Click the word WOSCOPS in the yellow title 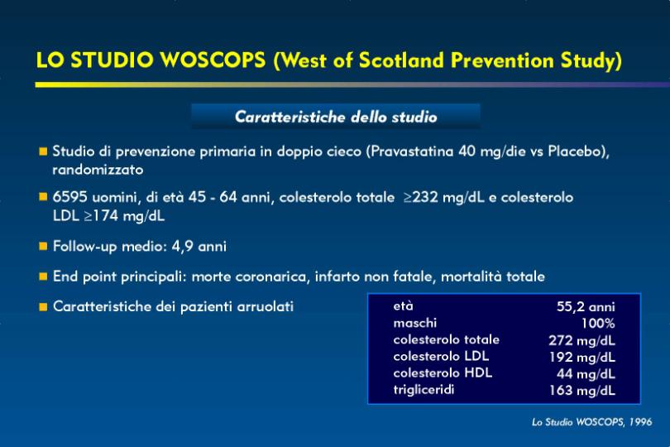tap(213, 60)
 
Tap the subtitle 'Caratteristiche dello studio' tap(336, 117)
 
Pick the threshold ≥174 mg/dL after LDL tap(124, 215)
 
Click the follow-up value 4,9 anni tap(199, 247)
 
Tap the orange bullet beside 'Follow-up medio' tap(43, 247)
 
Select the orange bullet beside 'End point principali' tap(43, 276)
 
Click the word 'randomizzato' tap(98, 170)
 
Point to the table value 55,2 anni tap(586, 307)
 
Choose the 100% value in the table tap(598, 324)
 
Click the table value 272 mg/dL tap(582, 340)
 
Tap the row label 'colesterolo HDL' tap(443, 372)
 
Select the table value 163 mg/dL tap(582, 390)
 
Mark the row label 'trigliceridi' tap(424, 390)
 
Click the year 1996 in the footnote tap(640, 422)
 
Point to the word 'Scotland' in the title tap(402, 60)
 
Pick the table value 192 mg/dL tap(582, 357)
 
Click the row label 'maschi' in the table tap(415, 323)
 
